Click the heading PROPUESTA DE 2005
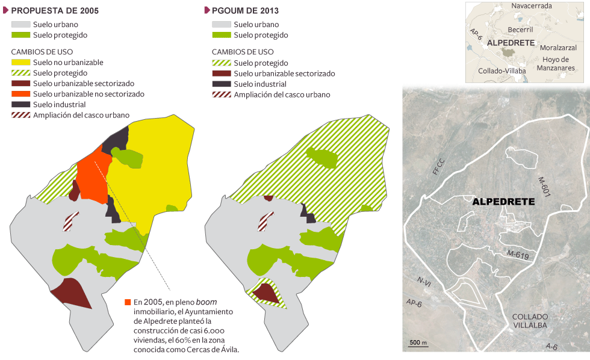(55, 11)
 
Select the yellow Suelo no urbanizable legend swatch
(20, 63)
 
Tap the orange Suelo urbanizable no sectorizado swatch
(20, 94)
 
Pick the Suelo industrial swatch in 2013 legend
(222, 84)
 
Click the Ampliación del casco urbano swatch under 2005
(20, 115)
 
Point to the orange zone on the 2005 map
(94, 178)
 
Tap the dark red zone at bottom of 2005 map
(71, 294)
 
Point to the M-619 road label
(518, 256)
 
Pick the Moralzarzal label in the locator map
(558, 48)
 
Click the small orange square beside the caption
(127, 302)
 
